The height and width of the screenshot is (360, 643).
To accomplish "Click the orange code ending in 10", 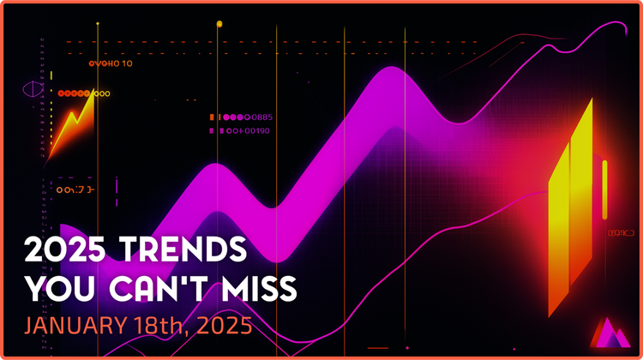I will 111,63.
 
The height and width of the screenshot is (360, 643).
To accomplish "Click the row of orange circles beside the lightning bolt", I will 84,93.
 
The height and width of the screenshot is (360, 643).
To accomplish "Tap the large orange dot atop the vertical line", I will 219,25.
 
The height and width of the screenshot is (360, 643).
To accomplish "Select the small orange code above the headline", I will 74,189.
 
